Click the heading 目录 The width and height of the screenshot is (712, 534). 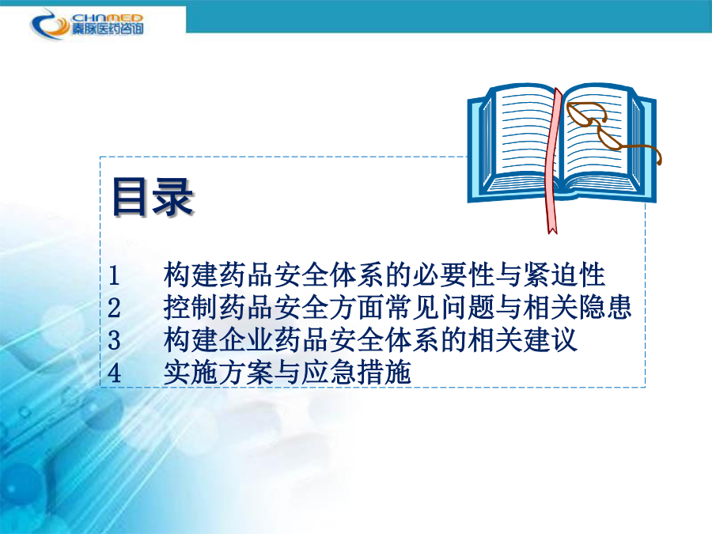[153, 197]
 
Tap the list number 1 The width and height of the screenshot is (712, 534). [113, 275]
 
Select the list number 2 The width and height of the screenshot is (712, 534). [114, 308]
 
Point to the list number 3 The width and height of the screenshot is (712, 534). [114, 340]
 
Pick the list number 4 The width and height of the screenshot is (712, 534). [114, 373]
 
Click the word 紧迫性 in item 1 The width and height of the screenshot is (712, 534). [564, 275]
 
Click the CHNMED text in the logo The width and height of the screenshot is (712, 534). [107, 17]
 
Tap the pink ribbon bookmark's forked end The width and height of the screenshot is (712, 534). [551, 229]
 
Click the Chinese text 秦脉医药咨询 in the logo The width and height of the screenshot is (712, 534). [107, 28]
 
